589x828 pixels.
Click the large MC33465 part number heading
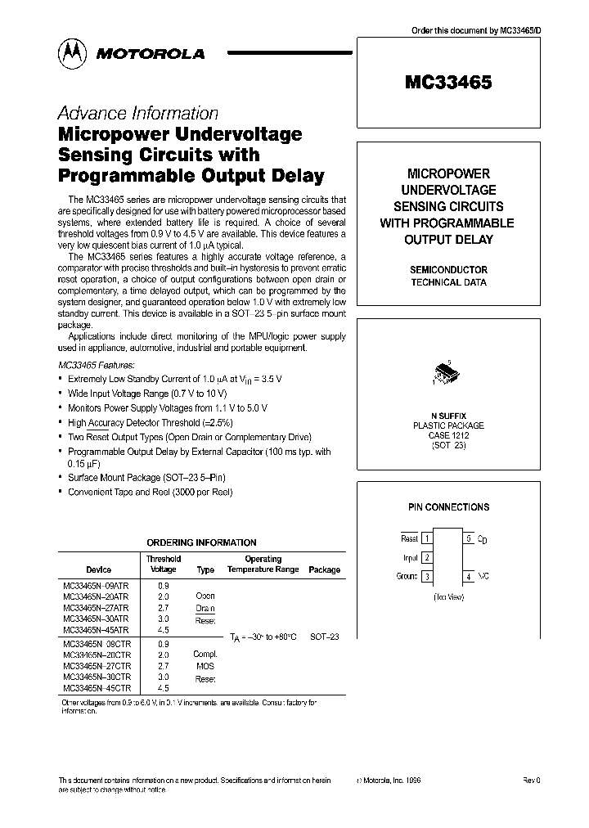point(448,82)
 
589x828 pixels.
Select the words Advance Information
point(137,114)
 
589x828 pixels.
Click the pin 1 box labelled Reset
point(426,539)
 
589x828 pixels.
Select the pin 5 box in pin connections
point(469,539)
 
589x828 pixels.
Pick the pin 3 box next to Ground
point(426,576)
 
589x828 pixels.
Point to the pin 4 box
point(469,576)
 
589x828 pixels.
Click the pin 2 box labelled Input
point(426,558)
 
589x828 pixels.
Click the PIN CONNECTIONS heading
point(448,507)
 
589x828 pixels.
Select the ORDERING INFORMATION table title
point(201,542)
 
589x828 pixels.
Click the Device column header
point(98,569)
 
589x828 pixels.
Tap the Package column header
point(325,569)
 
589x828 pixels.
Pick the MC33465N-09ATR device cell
point(96,586)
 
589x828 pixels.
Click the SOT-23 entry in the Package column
point(325,636)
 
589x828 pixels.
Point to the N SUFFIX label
point(448,416)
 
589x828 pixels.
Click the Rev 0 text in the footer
point(532,781)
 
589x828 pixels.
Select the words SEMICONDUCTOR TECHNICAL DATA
point(448,276)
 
